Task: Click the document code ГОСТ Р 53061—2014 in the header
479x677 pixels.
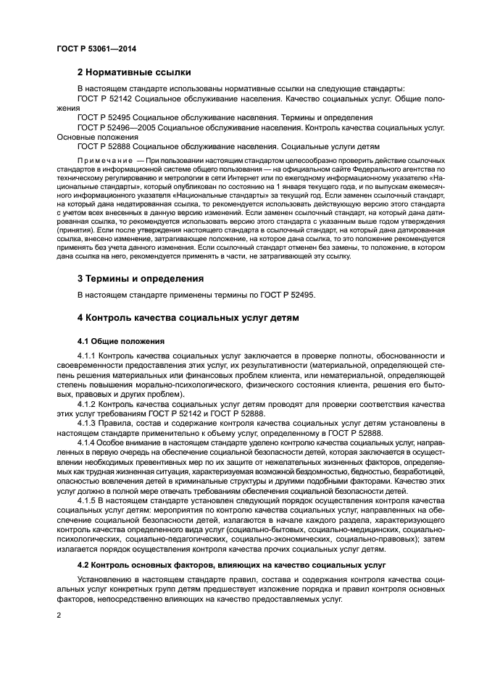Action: [x=96, y=49]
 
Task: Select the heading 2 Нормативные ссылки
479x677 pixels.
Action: [x=134, y=72]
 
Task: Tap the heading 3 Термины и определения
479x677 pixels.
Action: [x=141, y=278]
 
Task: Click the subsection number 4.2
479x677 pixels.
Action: [x=84, y=564]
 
